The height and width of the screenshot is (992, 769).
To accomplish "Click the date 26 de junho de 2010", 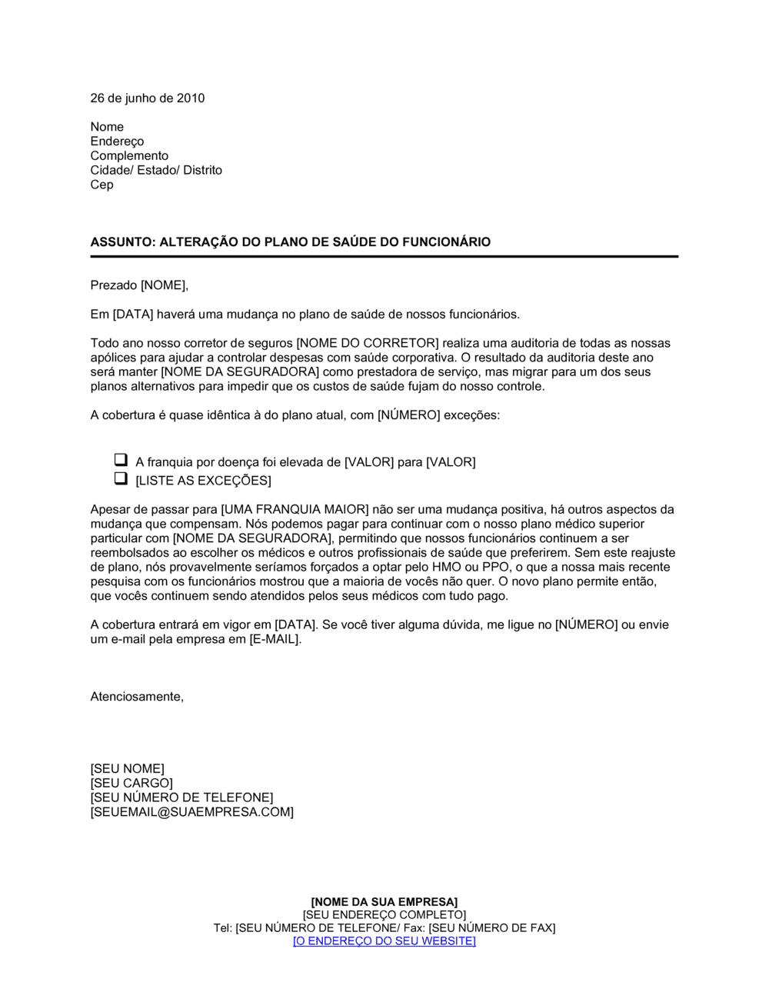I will click(148, 98).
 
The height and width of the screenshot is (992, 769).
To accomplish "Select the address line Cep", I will click(102, 185).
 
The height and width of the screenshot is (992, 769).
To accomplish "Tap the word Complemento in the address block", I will click(129, 156).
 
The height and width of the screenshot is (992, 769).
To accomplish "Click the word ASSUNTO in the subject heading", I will click(122, 242).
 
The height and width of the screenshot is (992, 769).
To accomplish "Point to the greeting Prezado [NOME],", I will click(139, 286).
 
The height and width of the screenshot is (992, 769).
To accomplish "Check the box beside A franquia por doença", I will click(121, 461).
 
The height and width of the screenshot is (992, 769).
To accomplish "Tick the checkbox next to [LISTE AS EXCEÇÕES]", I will click(121, 479).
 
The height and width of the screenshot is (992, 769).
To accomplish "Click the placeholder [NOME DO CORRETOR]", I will click(367, 344).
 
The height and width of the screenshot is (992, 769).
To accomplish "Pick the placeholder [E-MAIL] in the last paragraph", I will click(274, 640).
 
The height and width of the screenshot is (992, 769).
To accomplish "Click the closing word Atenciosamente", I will click(137, 697).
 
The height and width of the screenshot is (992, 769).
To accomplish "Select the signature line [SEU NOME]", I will click(127, 769).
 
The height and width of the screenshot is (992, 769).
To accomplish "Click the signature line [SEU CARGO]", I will click(131, 784).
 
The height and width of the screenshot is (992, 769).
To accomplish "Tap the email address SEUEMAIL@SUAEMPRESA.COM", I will click(192, 812).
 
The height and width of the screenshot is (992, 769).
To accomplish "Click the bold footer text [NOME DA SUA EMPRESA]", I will click(384, 902).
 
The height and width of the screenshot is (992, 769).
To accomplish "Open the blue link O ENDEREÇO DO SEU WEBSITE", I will click(384, 941).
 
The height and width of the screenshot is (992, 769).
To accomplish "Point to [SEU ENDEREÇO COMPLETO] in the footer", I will click(384, 915).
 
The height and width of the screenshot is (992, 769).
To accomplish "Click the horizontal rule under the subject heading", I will click(384, 256).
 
